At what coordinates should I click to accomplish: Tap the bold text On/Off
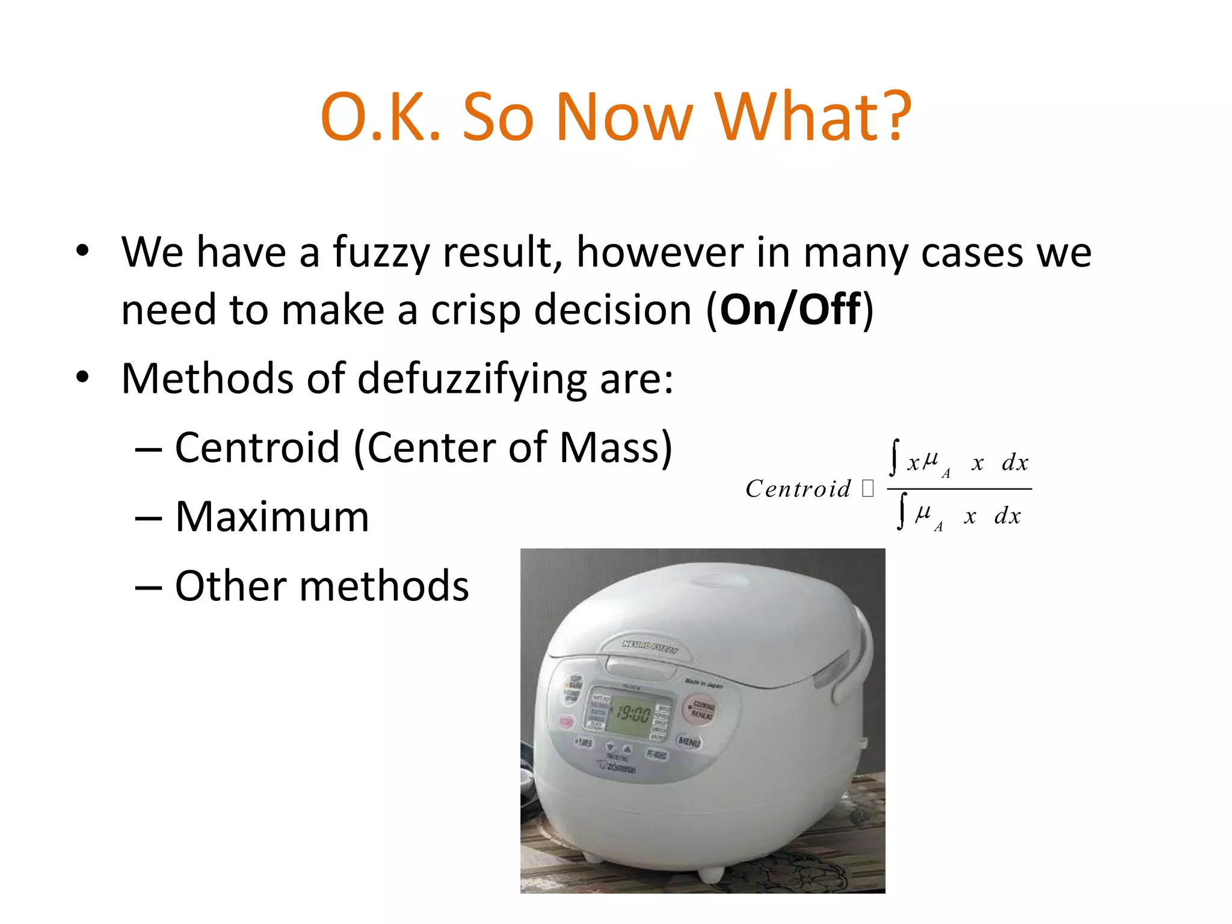click(x=790, y=310)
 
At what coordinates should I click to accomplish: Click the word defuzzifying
click(x=472, y=380)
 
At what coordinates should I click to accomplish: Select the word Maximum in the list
click(x=272, y=517)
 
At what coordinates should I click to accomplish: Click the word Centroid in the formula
click(x=798, y=488)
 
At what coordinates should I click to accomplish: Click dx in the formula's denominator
click(x=1008, y=516)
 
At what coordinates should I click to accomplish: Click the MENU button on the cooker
click(x=689, y=742)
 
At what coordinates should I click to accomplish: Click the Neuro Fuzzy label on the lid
click(x=650, y=647)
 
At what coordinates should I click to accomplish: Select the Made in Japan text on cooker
click(x=703, y=683)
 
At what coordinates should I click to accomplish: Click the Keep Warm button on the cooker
click(x=575, y=683)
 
